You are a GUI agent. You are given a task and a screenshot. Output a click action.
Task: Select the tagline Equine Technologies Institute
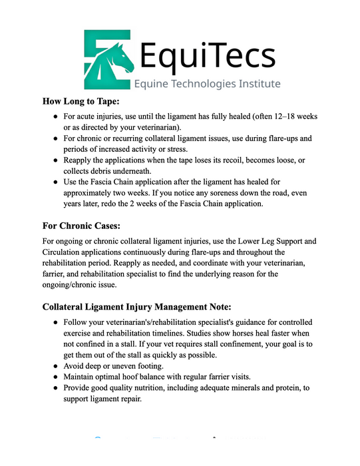[x=207, y=84]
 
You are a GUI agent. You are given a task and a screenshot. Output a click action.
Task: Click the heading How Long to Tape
[x=81, y=102]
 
